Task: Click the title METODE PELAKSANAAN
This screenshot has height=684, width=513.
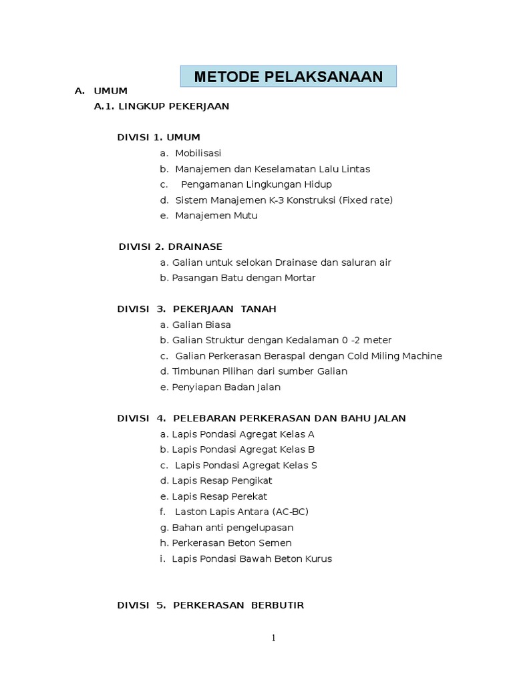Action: (x=289, y=77)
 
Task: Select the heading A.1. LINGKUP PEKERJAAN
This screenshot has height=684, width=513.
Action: (x=162, y=106)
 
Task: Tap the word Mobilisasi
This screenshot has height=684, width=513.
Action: (x=198, y=153)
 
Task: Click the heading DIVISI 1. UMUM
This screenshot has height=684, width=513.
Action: (x=158, y=138)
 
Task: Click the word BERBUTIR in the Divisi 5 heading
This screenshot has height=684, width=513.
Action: (x=277, y=605)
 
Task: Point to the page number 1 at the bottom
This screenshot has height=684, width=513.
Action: (x=273, y=638)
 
